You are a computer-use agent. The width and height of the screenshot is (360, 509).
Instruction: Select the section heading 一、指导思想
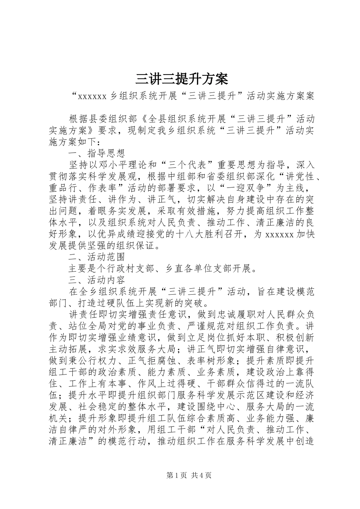point(97,153)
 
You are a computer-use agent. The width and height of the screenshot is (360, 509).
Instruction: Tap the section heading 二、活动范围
point(97,257)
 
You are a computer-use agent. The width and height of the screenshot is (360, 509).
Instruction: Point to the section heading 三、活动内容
point(97,281)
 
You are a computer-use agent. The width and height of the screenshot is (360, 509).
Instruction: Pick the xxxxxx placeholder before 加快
point(280,234)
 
